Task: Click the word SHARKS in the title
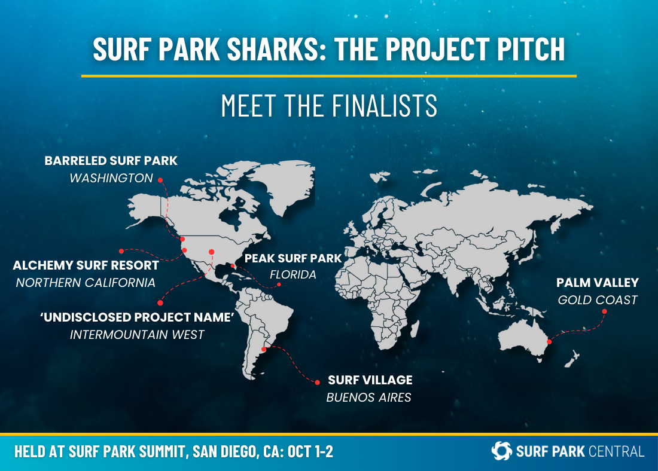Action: click(x=273, y=49)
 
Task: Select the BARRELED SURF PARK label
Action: click(x=111, y=161)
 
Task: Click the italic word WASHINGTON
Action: click(x=111, y=178)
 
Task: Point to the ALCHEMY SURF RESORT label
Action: click(x=86, y=265)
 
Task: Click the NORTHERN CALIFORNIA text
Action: click(x=86, y=283)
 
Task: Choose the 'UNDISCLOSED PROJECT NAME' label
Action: click(x=137, y=317)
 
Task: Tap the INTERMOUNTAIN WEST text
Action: click(x=137, y=335)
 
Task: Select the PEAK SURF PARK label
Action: click(x=293, y=258)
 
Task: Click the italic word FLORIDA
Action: click(x=293, y=275)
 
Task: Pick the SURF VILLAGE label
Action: click(x=370, y=380)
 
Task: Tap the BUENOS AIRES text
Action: click(x=369, y=397)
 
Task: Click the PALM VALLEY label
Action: click(x=598, y=283)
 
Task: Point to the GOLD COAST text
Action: click(x=598, y=300)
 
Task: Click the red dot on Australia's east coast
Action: click(x=549, y=342)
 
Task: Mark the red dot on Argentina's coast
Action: click(x=264, y=349)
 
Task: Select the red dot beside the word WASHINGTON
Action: click(x=160, y=180)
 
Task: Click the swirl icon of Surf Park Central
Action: click(x=502, y=451)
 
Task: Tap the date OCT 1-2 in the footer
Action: click(x=310, y=452)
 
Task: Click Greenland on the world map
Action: click(x=290, y=185)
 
